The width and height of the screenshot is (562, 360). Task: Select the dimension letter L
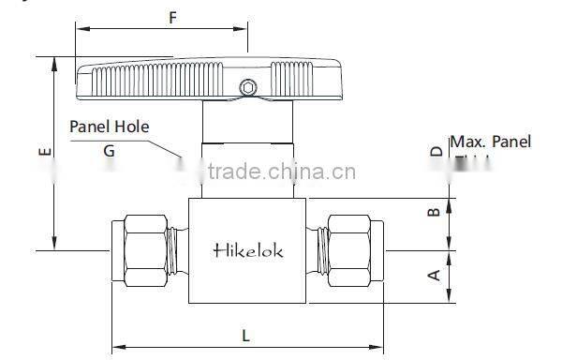tap(245, 335)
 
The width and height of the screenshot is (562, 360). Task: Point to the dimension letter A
tap(433, 276)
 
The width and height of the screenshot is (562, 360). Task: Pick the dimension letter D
tap(435, 152)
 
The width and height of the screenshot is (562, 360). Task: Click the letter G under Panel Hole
tap(110, 150)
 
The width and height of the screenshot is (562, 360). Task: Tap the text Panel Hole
tap(110, 126)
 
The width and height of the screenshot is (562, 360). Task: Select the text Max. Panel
tap(491, 142)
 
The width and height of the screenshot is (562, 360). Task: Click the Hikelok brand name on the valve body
tap(248, 250)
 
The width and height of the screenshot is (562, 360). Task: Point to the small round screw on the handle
tap(247, 88)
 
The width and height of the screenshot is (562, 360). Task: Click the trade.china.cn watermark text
tap(281, 172)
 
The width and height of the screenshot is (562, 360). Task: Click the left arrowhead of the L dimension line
tap(116, 348)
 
